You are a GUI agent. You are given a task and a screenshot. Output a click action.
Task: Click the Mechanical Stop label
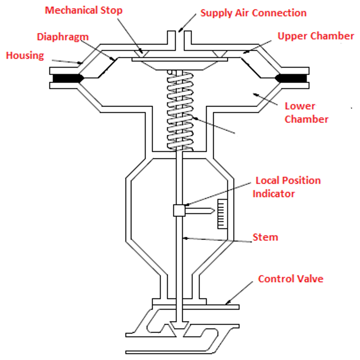(83, 10)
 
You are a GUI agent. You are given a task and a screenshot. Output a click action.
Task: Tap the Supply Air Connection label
(253, 13)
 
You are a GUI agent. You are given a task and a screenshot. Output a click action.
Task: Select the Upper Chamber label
(316, 36)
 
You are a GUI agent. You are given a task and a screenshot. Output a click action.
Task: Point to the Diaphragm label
(63, 37)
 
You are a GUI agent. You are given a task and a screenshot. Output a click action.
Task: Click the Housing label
(25, 55)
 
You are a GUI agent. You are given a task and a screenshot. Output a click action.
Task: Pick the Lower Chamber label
(306, 112)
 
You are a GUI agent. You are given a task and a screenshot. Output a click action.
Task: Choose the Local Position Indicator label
(287, 187)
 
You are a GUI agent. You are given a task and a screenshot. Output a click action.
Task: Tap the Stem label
(265, 237)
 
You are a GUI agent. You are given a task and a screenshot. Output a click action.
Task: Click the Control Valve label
(291, 279)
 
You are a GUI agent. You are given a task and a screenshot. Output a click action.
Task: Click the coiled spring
(180, 110)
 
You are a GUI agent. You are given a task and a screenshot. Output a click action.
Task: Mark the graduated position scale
(223, 214)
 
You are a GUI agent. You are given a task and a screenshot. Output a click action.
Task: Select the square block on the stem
(179, 210)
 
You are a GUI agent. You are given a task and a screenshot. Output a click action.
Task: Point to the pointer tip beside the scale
(214, 210)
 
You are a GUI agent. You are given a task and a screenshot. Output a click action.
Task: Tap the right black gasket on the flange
(291, 78)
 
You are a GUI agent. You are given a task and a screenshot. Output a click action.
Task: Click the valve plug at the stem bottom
(179, 326)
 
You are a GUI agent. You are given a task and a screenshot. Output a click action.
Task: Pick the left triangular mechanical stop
(142, 53)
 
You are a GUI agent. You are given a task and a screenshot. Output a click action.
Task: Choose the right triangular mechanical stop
(220, 53)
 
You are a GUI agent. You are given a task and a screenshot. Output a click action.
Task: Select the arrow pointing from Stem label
(217, 240)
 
